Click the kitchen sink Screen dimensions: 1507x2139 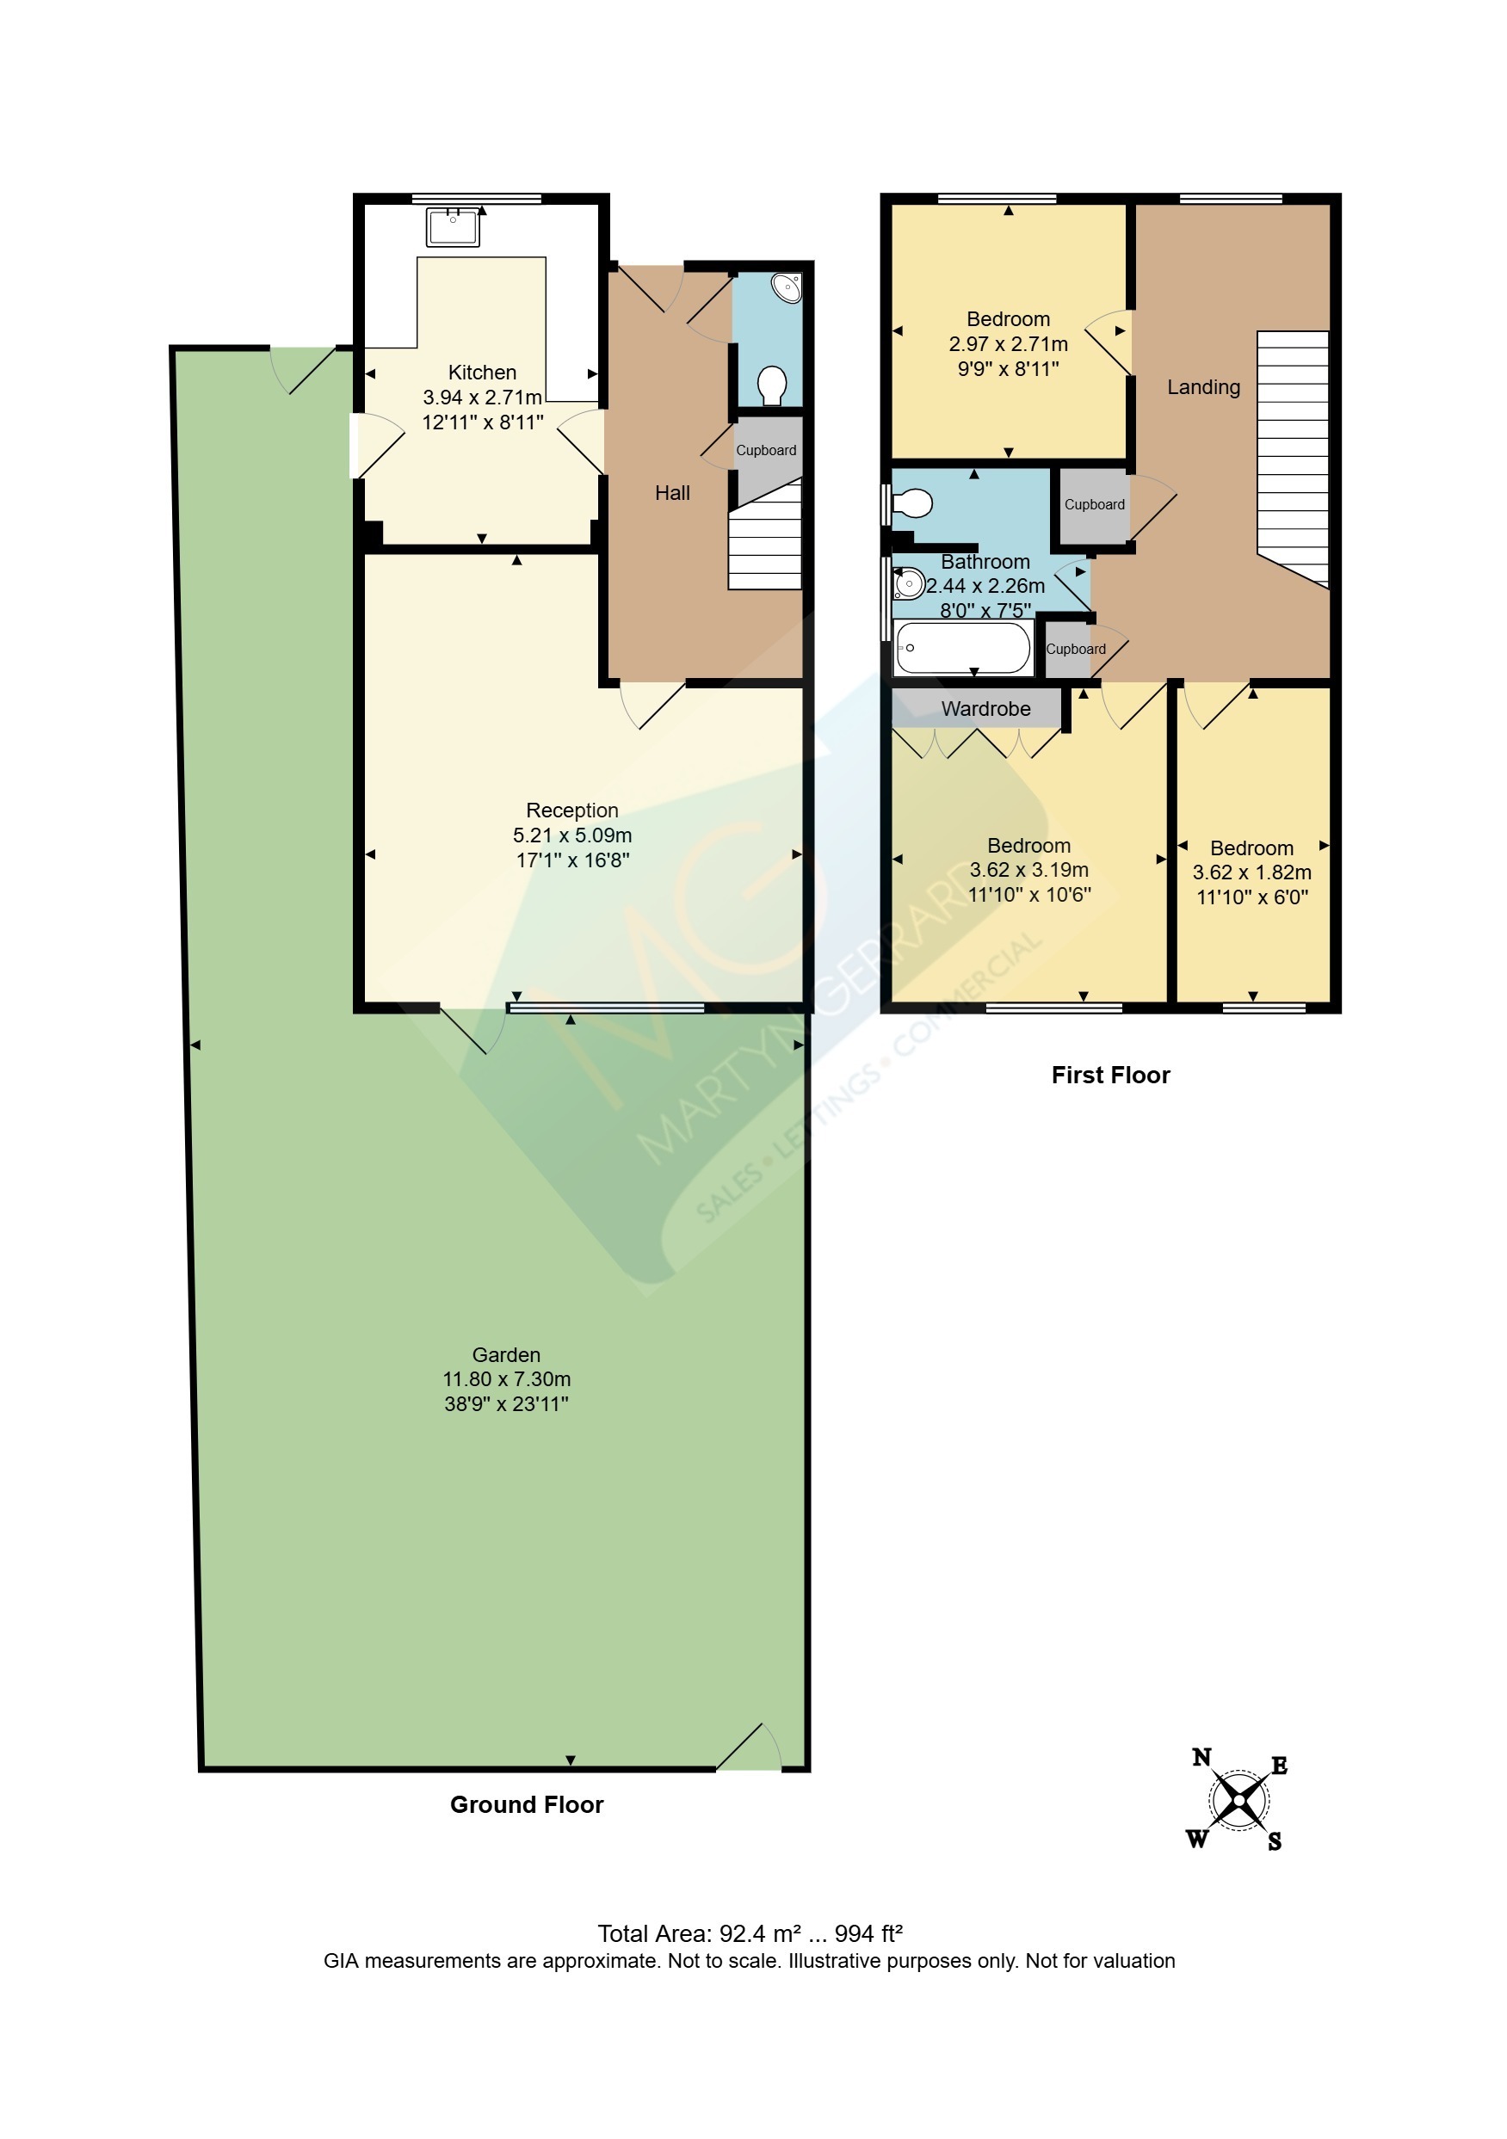pos(453,226)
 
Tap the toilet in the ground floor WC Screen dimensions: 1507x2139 pos(772,385)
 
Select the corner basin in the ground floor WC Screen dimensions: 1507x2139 pos(787,288)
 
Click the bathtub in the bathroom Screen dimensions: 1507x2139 pos(963,648)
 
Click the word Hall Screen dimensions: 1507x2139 pos(672,493)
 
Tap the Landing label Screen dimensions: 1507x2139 pos(1203,386)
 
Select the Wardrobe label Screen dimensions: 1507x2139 pos(985,708)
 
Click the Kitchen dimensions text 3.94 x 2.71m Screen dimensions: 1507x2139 pos(482,397)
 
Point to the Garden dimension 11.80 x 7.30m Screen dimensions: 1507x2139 pos(506,1378)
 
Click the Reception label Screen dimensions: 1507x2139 pos(571,810)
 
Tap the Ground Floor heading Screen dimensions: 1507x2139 pos(527,1804)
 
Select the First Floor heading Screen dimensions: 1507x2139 pos(1110,1074)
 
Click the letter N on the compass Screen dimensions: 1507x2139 pos(1201,1757)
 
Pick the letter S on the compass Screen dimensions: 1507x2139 pos(1274,1841)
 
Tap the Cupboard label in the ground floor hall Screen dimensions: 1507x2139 pos(766,450)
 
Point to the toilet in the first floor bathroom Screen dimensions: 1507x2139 pos(911,504)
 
